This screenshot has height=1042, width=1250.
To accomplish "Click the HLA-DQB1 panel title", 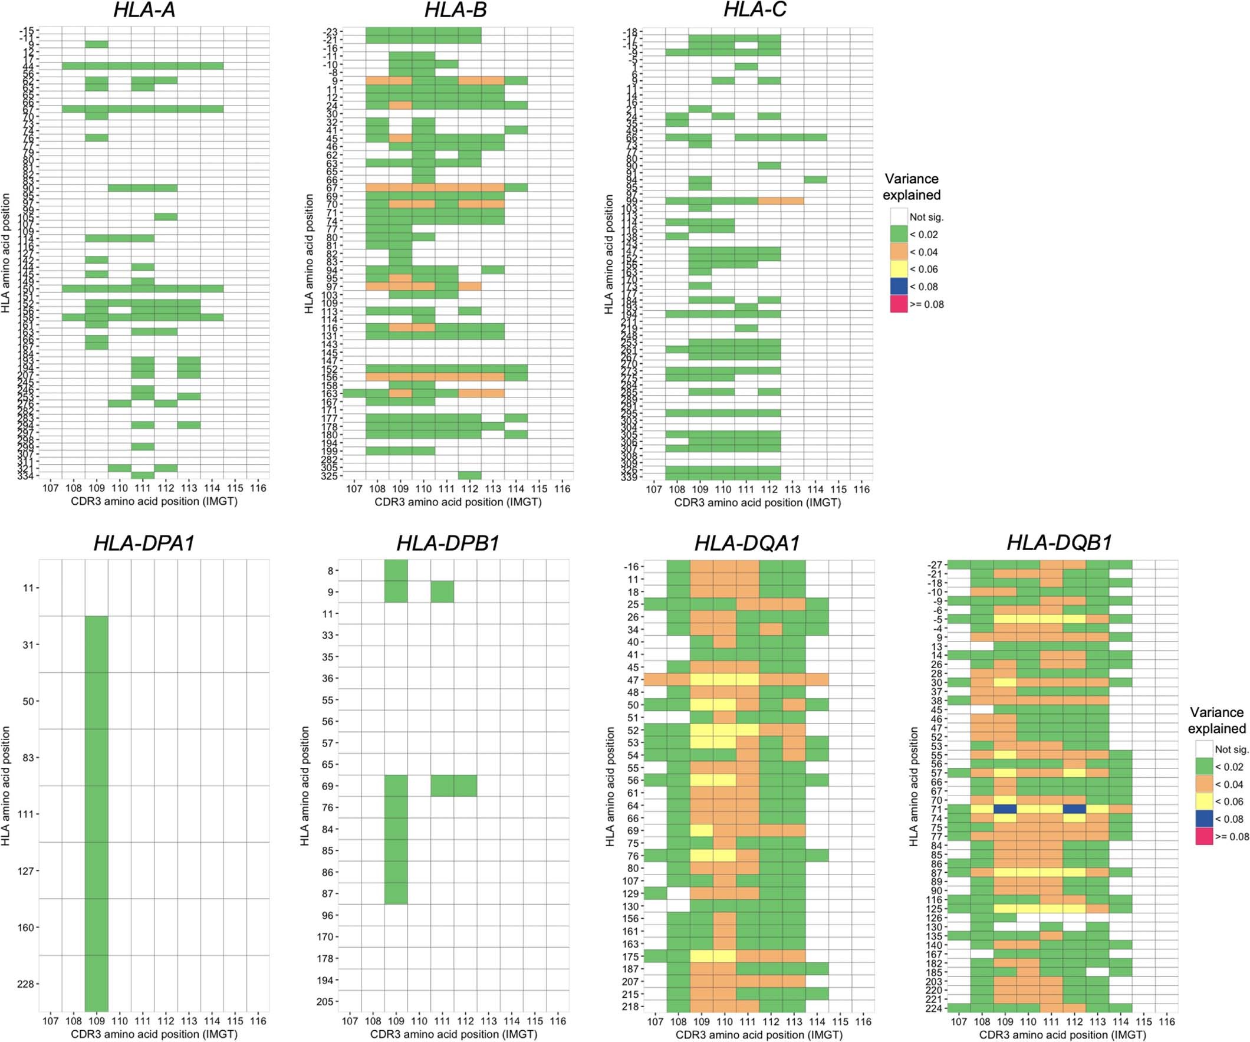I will pyautogui.click(x=1059, y=543).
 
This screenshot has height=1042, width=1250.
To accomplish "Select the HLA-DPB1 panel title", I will pyautogui.click(x=448, y=543).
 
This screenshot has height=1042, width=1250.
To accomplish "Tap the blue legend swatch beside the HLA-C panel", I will pyautogui.click(x=899, y=287).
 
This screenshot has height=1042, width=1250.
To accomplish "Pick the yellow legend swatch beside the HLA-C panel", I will pyautogui.click(x=899, y=269).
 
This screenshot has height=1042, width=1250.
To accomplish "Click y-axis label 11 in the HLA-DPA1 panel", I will pyautogui.click(x=28, y=588).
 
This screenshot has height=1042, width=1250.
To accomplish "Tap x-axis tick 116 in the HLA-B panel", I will pyautogui.click(x=561, y=489).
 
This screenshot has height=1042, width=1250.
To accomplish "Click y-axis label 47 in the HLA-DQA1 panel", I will pyautogui.click(x=632, y=680).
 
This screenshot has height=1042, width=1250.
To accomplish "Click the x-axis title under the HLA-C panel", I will pyautogui.click(x=757, y=502).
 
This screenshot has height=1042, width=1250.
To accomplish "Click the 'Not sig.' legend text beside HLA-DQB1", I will pyautogui.click(x=1231, y=750).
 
